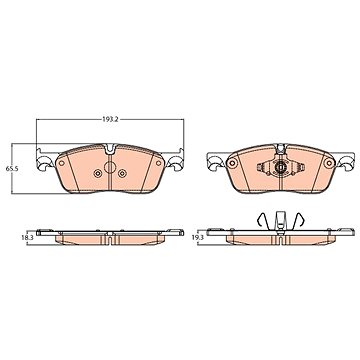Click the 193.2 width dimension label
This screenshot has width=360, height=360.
click(110, 119)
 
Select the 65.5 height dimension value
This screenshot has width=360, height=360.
click(12, 169)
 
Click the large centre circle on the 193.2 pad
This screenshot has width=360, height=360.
click(110, 167)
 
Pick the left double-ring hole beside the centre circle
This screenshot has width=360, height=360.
click(97, 173)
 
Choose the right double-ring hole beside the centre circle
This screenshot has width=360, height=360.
click(123, 173)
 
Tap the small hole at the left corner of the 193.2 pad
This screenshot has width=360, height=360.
click(62, 163)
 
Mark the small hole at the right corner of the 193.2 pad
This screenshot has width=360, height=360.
click(158, 163)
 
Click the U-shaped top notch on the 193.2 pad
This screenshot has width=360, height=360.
click(110, 149)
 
